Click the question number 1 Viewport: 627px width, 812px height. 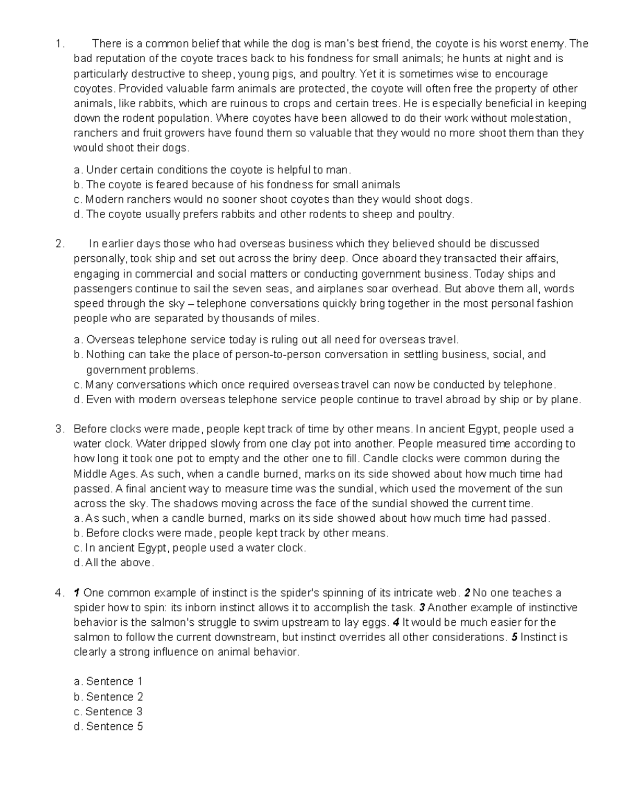pyautogui.click(x=58, y=44)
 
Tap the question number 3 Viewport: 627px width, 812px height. pyautogui.click(x=58, y=429)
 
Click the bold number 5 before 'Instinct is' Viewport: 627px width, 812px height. pyautogui.click(x=515, y=637)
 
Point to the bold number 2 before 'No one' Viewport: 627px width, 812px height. pyautogui.click(x=468, y=593)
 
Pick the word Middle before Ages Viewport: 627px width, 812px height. pyautogui.click(x=89, y=474)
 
